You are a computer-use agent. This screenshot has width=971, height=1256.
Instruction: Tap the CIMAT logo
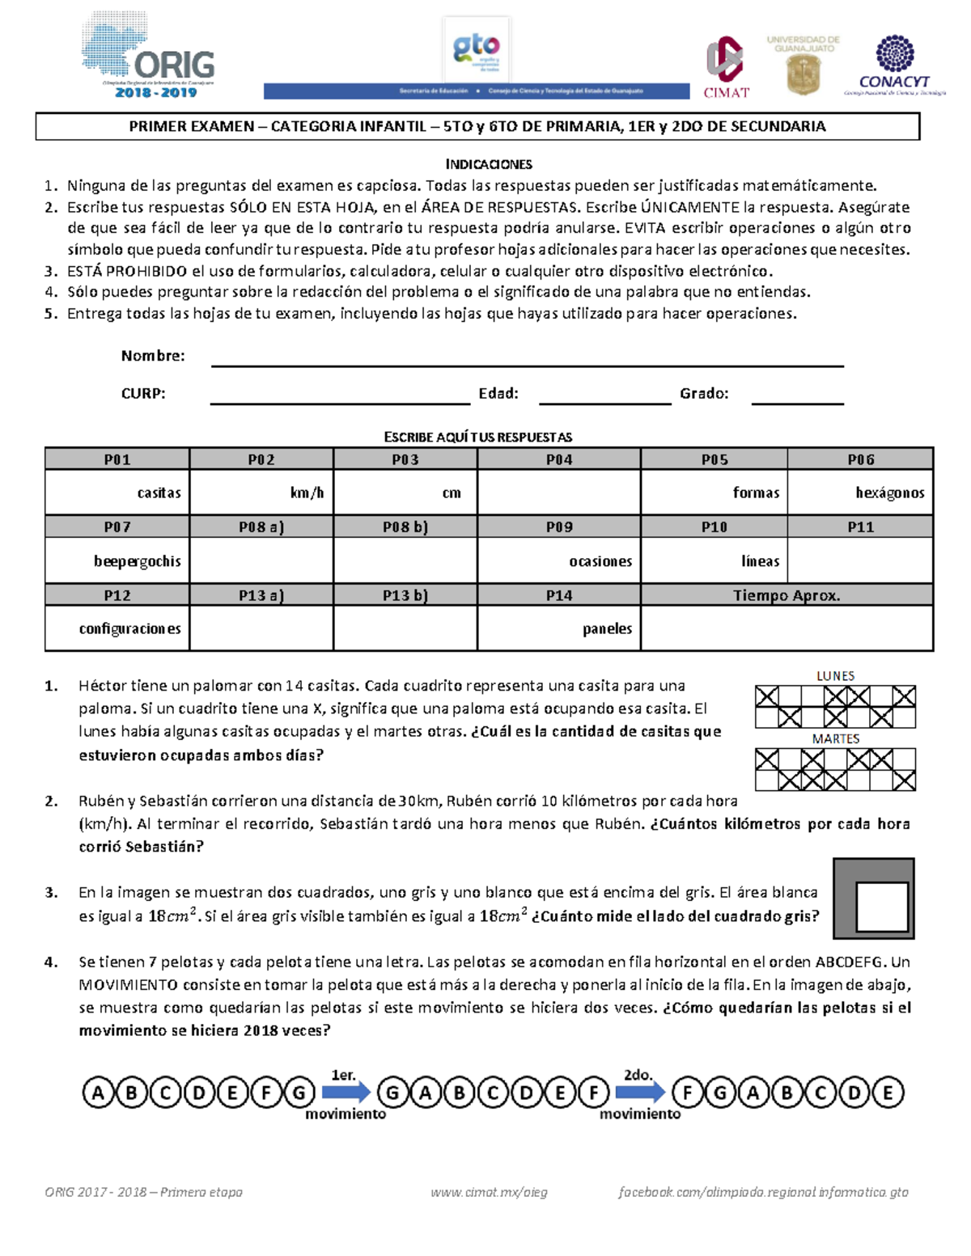(726, 67)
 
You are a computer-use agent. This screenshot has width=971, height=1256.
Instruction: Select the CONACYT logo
(894, 65)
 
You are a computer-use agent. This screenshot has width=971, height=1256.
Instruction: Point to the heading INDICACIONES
(489, 164)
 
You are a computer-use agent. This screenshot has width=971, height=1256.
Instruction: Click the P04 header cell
(559, 459)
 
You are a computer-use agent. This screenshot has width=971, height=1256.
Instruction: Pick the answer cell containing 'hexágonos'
(860, 493)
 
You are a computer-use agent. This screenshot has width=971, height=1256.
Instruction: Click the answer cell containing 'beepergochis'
(117, 560)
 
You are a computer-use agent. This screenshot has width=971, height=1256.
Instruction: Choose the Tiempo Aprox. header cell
(787, 595)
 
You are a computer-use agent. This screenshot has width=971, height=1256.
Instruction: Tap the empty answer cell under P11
(860, 560)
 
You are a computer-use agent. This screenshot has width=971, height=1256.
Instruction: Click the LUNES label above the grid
(835, 675)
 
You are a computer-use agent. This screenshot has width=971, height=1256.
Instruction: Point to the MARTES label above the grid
(835, 738)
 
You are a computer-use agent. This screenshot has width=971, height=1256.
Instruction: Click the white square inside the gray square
(881, 907)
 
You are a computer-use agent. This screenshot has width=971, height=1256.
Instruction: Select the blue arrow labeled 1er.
(346, 1093)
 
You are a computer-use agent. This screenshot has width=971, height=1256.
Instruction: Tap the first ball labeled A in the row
(98, 1093)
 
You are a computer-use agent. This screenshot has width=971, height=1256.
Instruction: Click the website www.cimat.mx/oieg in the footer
(489, 1192)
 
